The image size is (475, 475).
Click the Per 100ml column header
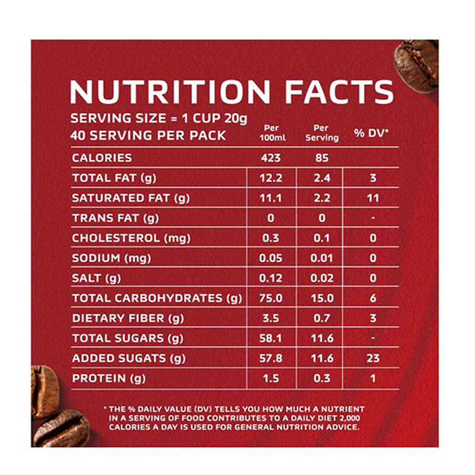271,134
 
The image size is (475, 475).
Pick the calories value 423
271,159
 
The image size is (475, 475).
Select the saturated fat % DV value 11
373,198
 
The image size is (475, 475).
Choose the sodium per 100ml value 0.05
271,258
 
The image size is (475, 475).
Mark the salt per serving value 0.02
322,278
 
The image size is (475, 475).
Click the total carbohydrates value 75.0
271,298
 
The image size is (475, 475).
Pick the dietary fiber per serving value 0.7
322,318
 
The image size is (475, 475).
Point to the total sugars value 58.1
271,338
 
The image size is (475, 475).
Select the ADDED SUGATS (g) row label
128,359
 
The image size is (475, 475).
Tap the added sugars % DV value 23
373,359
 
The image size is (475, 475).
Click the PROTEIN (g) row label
109,379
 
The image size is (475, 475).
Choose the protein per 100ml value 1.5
271,379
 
